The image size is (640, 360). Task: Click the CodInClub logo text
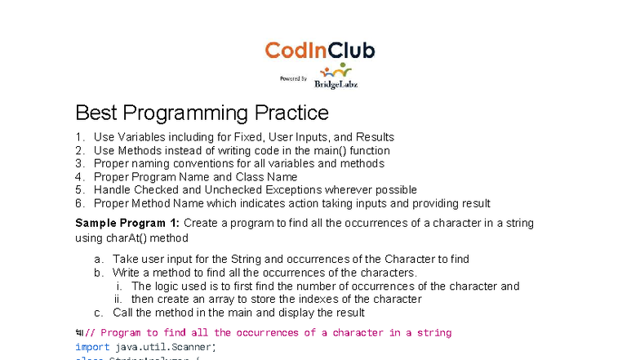point(320,51)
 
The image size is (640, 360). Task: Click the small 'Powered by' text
point(293,79)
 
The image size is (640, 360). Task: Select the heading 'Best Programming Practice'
point(202,113)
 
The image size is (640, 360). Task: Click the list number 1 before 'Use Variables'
point(79,137)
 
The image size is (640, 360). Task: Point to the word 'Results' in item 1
point(376,137)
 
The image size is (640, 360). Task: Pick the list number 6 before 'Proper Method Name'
point(79,203)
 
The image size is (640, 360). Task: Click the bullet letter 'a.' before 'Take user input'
point(99,259)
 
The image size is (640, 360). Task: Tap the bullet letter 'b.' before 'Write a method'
point(99,272)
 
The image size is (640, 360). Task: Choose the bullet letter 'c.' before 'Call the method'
point(99,312)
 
